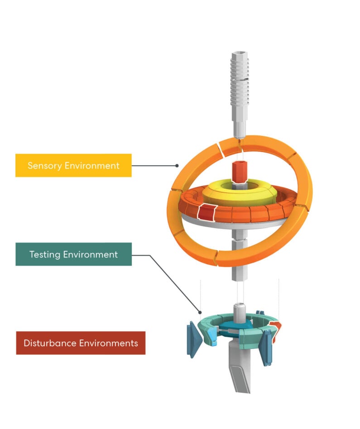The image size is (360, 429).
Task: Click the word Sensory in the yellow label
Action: pos(45,166)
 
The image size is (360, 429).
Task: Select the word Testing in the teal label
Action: pos(45,255)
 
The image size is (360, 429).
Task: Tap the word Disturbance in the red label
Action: pos(50,343)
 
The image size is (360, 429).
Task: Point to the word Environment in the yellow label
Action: pos(92,166)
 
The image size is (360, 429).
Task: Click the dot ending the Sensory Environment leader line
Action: pos(177,166)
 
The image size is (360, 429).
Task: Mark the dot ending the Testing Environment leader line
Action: pos(200,312)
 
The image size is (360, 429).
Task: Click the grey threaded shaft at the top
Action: pos(240,95)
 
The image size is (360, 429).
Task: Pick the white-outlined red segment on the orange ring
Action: pos(206,212)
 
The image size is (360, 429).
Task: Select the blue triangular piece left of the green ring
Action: pos(194,339)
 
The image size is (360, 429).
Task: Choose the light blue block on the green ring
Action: pos(211,337)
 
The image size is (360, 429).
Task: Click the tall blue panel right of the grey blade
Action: pos(265,347)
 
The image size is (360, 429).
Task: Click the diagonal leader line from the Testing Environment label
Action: pos(175,284)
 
